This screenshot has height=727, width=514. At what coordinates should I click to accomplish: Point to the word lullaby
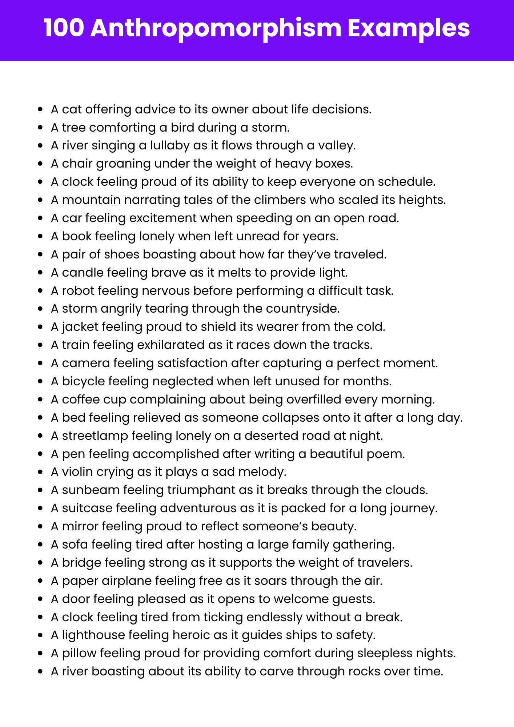(x=168, y=145)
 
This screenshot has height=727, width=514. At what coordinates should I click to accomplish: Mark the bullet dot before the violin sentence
(x=40, y=472)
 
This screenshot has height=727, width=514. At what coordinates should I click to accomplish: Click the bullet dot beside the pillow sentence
(x=40, y=653)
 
